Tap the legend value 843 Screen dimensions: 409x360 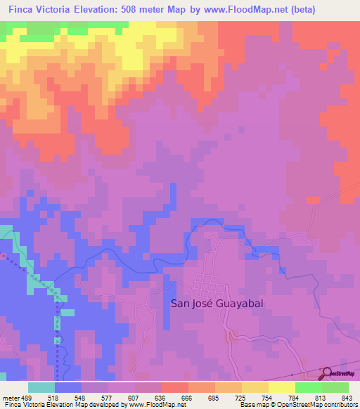point(347,397)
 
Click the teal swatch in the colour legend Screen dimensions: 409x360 point(41,387)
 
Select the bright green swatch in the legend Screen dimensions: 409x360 point(308,387)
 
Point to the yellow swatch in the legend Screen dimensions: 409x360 point(281,387)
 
